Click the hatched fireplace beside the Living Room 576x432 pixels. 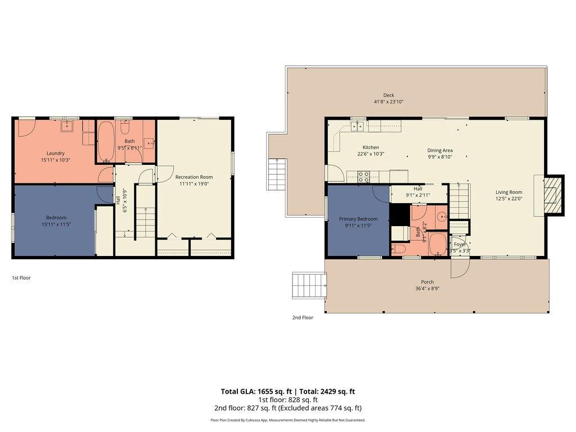[554, 195]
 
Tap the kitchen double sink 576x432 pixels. [357, 127]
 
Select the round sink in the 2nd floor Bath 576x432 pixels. [441, 215]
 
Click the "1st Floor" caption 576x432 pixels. [21, 277]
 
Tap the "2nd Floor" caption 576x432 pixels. [302, 317]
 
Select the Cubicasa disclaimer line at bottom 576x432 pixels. [287, 420]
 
